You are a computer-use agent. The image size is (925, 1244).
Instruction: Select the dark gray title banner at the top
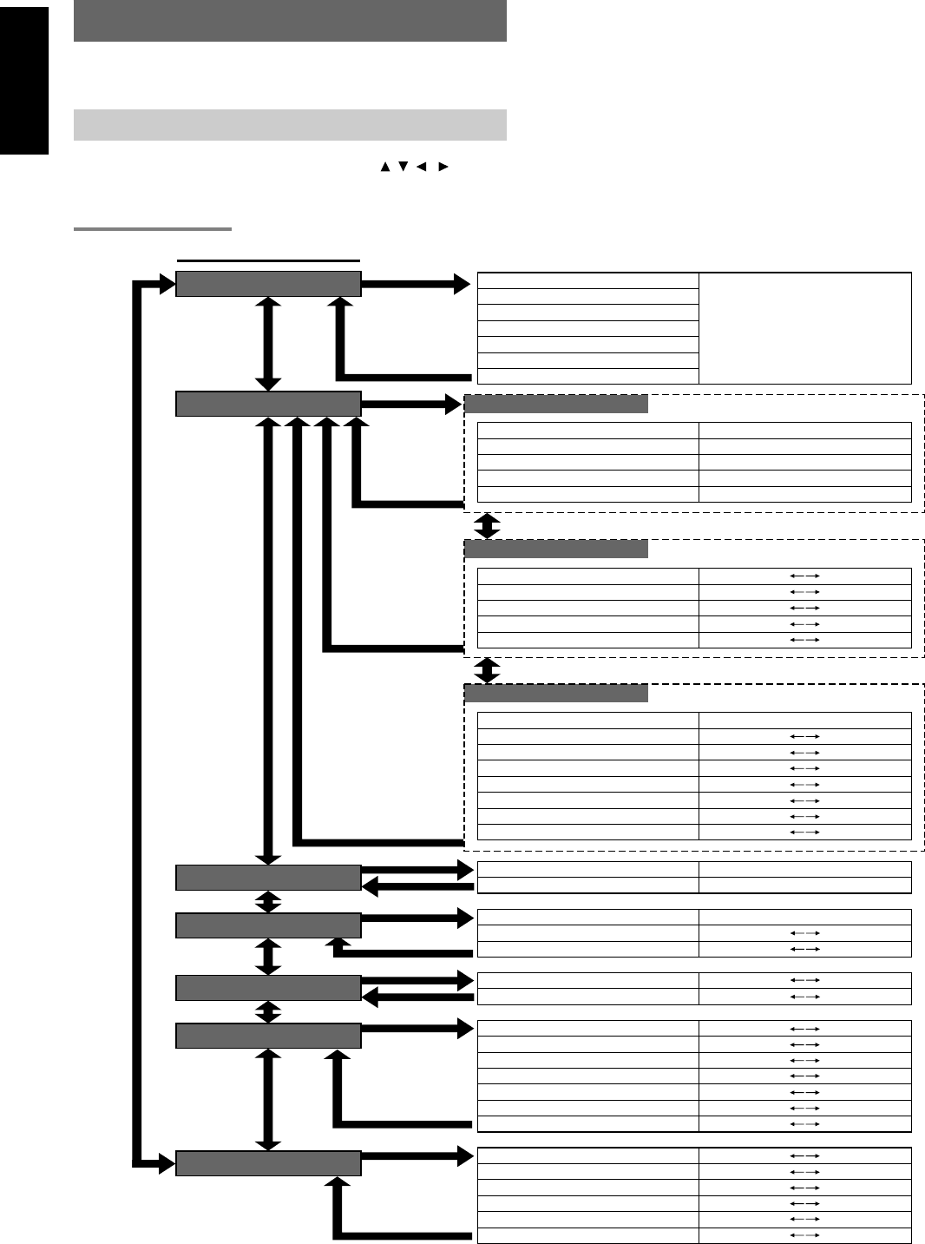click(290, 21)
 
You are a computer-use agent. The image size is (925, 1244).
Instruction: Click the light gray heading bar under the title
click(290, 125)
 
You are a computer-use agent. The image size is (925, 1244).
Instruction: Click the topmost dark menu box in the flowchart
click(268, 284)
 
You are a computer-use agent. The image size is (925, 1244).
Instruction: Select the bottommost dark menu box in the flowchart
click(268, 1163)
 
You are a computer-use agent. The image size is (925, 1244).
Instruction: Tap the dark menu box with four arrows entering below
click(268, 404)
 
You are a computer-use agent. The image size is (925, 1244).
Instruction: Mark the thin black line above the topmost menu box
click(268, 260)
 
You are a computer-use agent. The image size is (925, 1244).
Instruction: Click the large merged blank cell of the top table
click(805, 328)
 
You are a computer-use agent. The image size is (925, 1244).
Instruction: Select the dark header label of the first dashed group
click(556, 404)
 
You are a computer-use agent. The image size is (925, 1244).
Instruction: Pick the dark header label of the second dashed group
click(556, 549)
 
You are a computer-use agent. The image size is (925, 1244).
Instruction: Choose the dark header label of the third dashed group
click(556, 693)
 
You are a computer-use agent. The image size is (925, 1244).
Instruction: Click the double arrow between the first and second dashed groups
click(488, 526)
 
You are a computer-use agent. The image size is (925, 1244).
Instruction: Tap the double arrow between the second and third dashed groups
click(488, 670)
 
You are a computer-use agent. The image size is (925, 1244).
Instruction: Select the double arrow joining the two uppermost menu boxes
click(268, 344)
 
